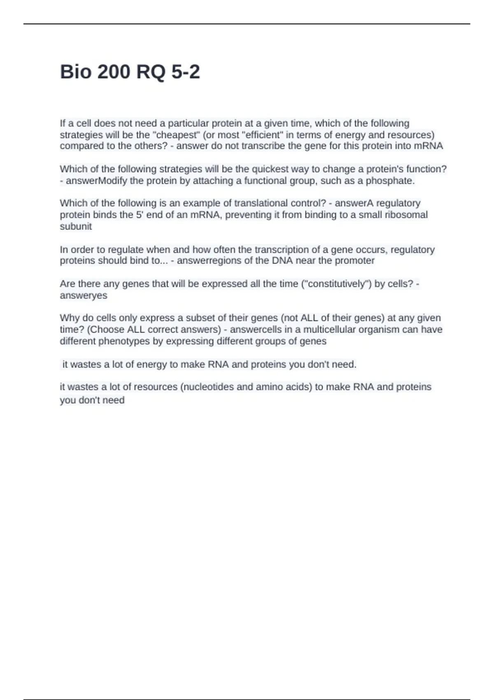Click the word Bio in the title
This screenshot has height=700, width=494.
[x=75, y=72]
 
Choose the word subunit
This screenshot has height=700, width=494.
[x=76, y=226]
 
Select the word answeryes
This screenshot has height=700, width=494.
[x=83, y=296]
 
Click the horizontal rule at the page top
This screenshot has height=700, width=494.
[x=247, y=24]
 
